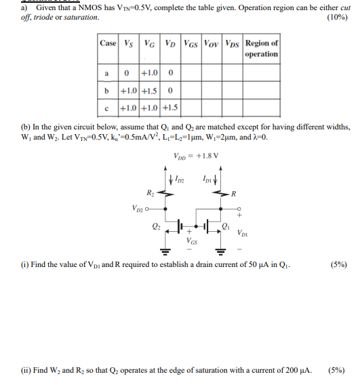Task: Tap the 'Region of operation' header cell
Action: point(262,49)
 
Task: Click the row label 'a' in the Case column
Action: point(107,73)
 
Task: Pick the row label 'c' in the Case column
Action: point(107,107)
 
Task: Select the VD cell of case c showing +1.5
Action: point(171,107)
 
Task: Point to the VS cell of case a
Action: point(127,73)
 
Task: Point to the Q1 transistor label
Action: point(225,226)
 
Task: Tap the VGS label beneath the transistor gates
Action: point(193,240)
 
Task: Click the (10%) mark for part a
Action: point(337,16)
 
